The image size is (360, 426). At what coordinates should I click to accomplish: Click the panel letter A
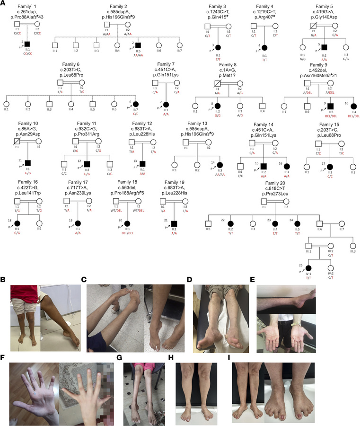click(x=3, y=3)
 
